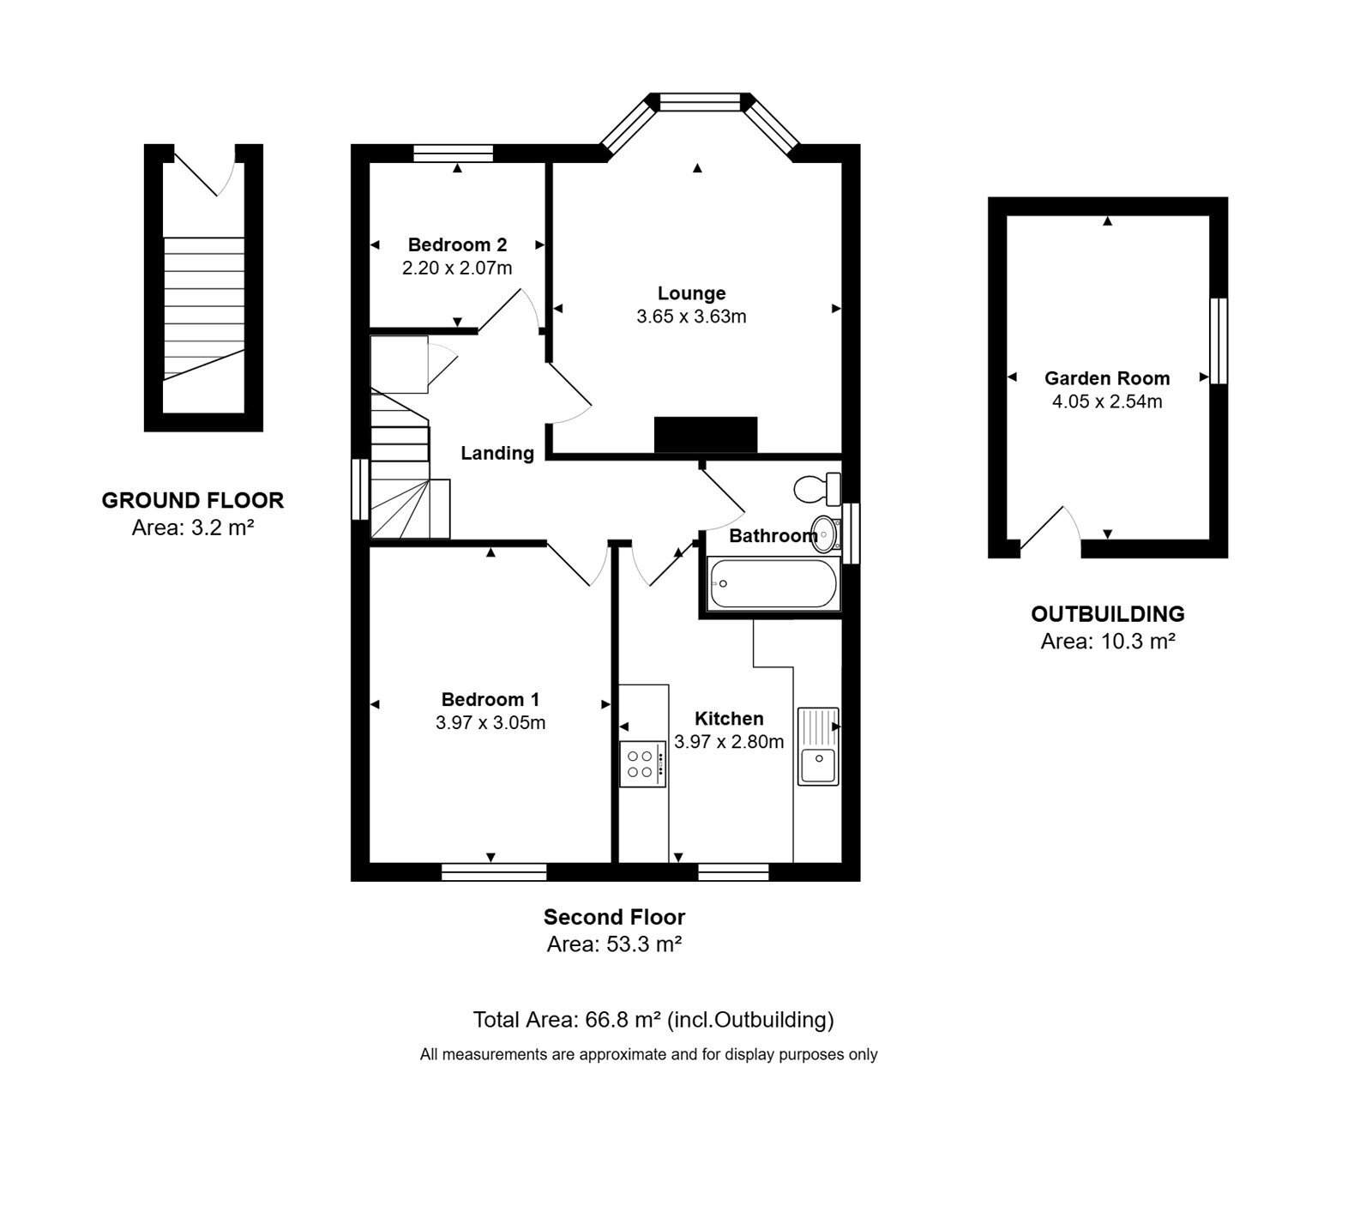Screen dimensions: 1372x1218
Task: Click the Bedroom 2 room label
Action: (x=457, y=244)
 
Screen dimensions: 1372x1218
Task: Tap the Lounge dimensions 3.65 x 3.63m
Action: (x=691, y=317)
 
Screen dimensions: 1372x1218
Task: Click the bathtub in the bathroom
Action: (x=773, y=583)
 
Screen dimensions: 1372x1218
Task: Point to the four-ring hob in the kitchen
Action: (x=642, y=764)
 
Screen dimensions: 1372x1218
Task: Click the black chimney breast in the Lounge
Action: (x=706, y=435)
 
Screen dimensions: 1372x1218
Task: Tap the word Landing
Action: (x=497, y=453)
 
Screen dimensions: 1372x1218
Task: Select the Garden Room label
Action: (x=1107, y=378)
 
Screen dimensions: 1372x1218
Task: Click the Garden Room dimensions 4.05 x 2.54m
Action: (x=1107, y=401)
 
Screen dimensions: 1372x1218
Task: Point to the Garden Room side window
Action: (x=1219, y=341)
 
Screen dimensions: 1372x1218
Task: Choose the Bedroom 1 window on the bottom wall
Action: (x=494, y=872)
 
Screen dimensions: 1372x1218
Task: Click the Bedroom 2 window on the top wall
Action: (x=454, y=154)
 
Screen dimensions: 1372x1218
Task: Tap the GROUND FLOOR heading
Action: (x=193, y=500)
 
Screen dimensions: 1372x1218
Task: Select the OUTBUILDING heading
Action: (x=1108, y=614)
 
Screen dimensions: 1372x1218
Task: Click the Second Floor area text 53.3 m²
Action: (x=614, y=944)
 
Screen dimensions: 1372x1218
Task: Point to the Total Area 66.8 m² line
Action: (x=653, y=1020)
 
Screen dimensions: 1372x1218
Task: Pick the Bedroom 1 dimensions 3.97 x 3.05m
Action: (x=490, y=723)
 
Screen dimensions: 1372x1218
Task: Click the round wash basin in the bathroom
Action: (x=824, y=533)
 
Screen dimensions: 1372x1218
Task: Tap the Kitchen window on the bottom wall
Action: (x=733, y=872)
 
